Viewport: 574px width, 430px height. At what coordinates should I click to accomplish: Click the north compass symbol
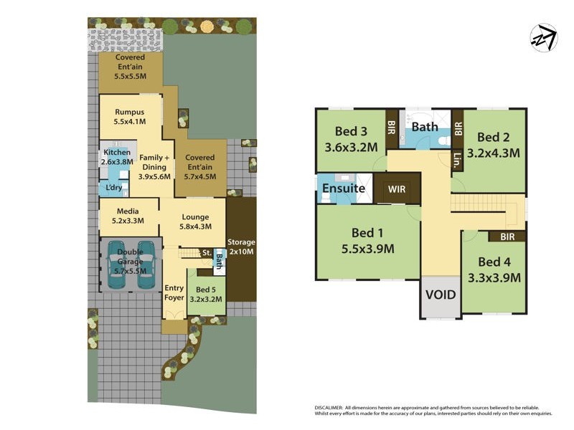[x=543, y=38]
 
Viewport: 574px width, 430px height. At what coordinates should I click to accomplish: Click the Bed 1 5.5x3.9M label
[x=368, y=242]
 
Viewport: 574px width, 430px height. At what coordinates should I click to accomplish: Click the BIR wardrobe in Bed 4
[x=507, y=236]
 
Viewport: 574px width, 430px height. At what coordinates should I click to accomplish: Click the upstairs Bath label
[x=425, y=127]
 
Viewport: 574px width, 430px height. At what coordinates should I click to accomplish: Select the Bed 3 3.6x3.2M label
[x=351, y=140]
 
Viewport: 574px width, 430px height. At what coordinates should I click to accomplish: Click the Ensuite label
[x=344, y=188]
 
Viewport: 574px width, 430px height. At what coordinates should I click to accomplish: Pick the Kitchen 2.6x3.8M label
[x=117, y=158]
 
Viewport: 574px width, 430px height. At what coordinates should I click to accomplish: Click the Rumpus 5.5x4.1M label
[x=129, y=117]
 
